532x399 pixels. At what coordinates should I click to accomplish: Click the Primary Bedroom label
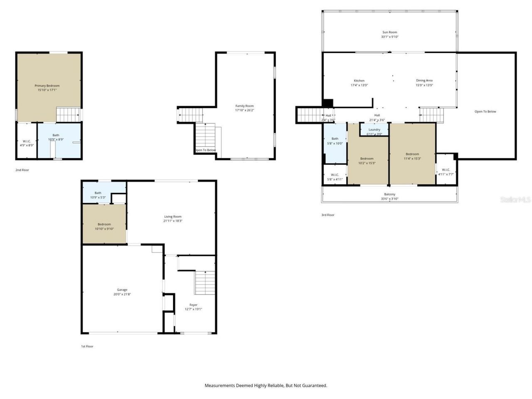[47, 86]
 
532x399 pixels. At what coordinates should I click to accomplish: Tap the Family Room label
[244, 106]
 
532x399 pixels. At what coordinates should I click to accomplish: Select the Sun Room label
[389, 32]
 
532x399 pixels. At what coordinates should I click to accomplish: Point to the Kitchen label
[359, 81]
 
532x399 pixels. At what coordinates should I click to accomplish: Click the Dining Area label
[424, 81]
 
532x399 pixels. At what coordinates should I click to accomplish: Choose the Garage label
[122, 290]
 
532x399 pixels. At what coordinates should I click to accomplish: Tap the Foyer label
[193, 305]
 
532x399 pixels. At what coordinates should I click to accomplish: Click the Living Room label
[173, 217]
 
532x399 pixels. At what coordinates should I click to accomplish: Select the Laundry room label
[374, 130]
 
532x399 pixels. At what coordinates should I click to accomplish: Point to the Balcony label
[389, 194]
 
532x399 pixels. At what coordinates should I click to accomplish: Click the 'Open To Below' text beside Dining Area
[485, 111]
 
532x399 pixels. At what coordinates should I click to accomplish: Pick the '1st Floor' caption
[87, 346]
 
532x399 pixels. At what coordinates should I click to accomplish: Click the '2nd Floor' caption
[22, 170]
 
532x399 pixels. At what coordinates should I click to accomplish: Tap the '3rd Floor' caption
[328, 215]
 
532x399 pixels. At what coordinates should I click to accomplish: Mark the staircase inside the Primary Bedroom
[68, 114]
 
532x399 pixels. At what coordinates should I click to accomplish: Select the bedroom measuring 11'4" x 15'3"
[412, 156]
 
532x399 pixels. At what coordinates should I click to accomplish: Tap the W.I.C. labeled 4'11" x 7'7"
[446, 172]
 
